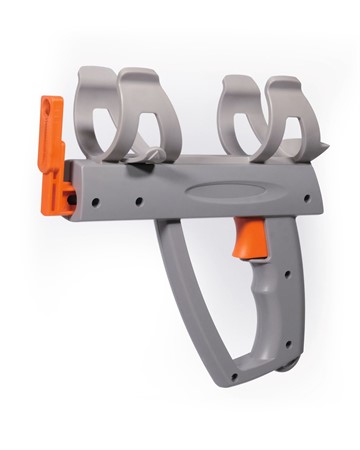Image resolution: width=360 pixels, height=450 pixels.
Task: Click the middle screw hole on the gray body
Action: (x=136, y=202)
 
